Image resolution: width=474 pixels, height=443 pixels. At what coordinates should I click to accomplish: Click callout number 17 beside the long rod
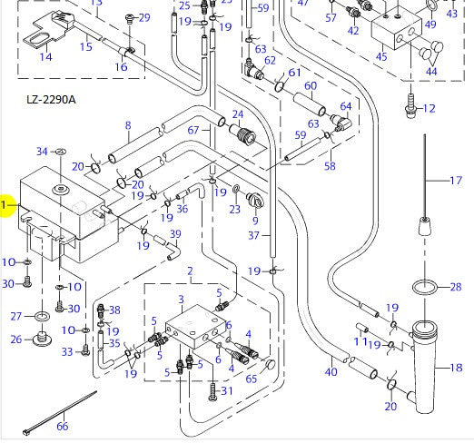coord(457,181)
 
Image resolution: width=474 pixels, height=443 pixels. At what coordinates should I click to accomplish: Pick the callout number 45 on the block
coord(381,57)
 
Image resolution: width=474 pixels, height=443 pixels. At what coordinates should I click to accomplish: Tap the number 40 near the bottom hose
coord(331,372)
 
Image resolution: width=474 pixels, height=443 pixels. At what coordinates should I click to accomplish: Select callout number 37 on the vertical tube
coord(255,235)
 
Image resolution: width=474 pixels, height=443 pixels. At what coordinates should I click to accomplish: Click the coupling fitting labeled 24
coord(244,137)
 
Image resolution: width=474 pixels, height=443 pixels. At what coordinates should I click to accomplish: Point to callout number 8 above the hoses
coord(128,125)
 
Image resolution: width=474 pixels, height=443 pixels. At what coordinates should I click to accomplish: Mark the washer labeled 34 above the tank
coord(60,151)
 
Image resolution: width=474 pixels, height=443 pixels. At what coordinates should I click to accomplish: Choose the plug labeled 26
coord(41,341)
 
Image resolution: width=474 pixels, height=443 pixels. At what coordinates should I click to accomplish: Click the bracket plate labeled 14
coord(39,40)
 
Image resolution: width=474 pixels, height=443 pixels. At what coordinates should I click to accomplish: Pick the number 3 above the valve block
coord(181,300)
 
